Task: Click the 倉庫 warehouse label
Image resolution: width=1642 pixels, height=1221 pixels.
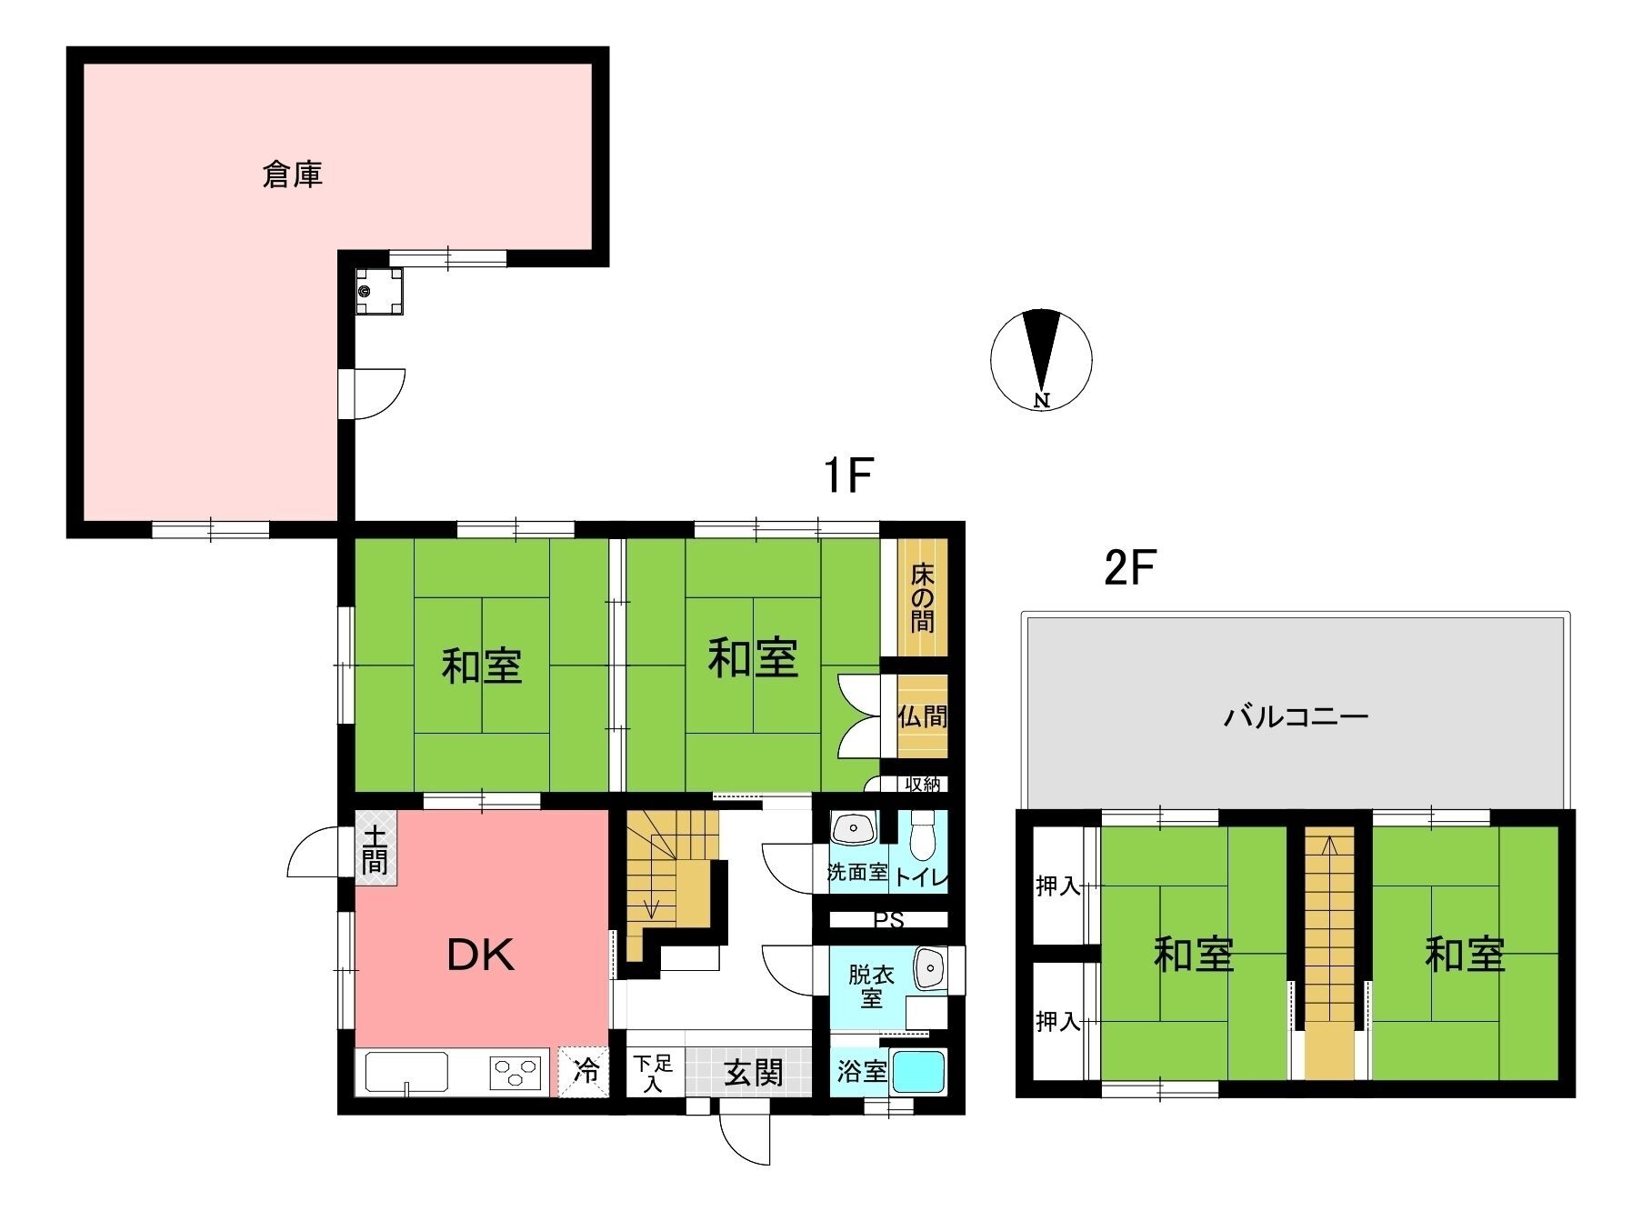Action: (293, 174)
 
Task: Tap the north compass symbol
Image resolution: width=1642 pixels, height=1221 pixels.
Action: (1042, 360)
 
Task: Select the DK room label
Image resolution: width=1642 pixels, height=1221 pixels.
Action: (481, 955)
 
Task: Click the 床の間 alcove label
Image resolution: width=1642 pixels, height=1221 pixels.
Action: (923, 596)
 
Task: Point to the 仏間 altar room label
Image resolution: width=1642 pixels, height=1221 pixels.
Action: (923, 716)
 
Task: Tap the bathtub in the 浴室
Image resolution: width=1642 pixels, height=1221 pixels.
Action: (919, 1073)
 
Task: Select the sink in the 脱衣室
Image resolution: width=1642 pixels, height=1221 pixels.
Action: (929, 970)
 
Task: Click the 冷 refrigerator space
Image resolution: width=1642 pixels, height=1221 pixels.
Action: (587, 1072)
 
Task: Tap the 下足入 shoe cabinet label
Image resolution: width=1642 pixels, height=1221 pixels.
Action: (653, 1074)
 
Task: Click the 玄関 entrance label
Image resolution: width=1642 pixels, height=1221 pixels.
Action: (754, 1073)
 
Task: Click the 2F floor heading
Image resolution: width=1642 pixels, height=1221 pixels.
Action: (1128, 569)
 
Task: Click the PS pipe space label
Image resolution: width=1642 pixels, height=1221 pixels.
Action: (888, 921)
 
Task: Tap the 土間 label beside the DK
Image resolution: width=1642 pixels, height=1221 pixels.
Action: (374, 848)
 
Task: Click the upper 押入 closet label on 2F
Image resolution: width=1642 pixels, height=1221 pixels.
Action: (1057, 886)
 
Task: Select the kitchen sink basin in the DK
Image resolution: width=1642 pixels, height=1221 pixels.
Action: (406, 1073)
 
